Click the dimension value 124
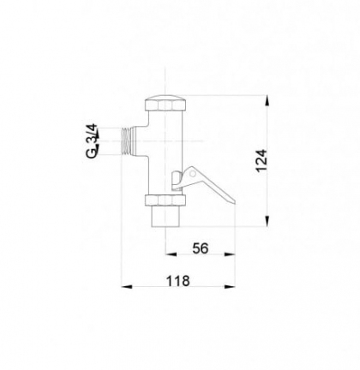pos(261,161)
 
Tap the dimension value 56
pos(201,248)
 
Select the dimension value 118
pos(178,281)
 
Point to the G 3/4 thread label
pos(92,141)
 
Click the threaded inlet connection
pos(129,141)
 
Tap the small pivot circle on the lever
pos(193,173)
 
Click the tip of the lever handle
pos(234,201)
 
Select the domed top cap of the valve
pos(165,103)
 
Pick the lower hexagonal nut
pos(165,200)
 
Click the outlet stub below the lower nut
pos(165,216)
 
